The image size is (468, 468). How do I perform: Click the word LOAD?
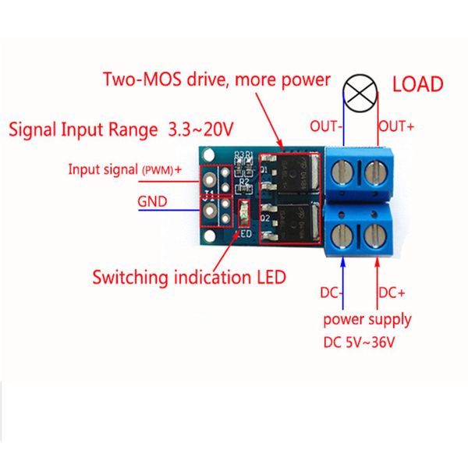tap(417, 84)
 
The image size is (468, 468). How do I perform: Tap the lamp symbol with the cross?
tap(360, 94)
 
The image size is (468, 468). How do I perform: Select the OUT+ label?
tap(397, 125)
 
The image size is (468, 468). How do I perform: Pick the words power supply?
tap(368, 319)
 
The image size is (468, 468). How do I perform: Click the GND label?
tap(151, 200)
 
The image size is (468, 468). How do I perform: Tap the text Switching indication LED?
tap(189, 277)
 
